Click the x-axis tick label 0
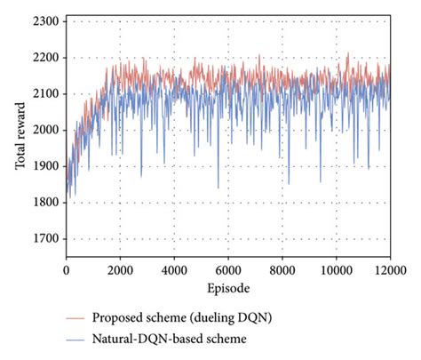coord(67,268)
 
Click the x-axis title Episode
coord(228,288)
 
